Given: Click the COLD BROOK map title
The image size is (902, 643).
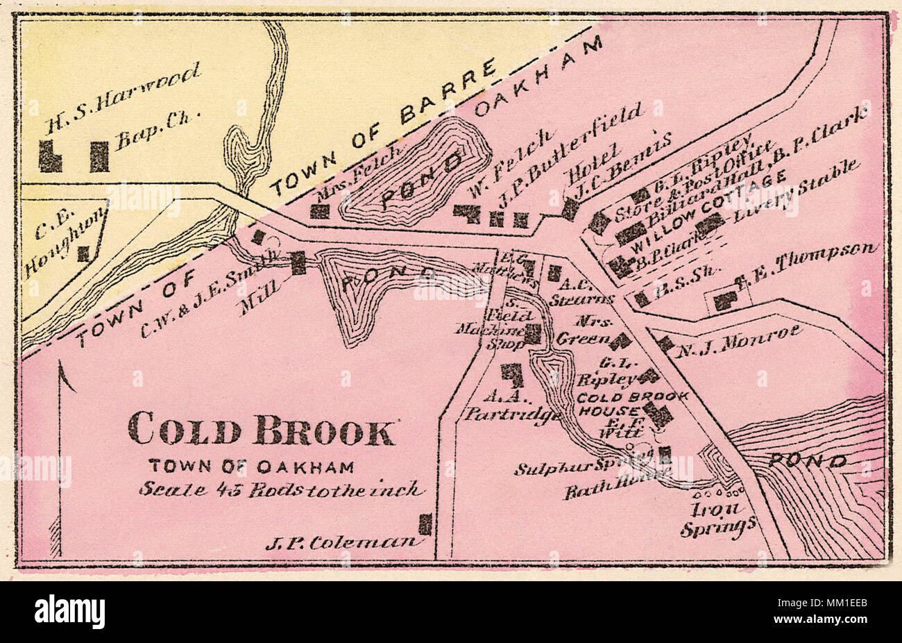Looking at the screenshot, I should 261,429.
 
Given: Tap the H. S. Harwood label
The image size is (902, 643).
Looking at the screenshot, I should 122,97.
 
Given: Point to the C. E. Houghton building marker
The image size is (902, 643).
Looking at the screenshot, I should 83,253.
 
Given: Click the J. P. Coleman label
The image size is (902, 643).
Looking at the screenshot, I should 343,542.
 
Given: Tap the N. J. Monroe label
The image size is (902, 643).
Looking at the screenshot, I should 738,340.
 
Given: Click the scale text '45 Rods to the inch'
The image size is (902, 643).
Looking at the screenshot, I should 280,489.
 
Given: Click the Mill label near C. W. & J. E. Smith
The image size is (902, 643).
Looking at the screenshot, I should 257,299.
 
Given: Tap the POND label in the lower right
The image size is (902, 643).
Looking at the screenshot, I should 808,460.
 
